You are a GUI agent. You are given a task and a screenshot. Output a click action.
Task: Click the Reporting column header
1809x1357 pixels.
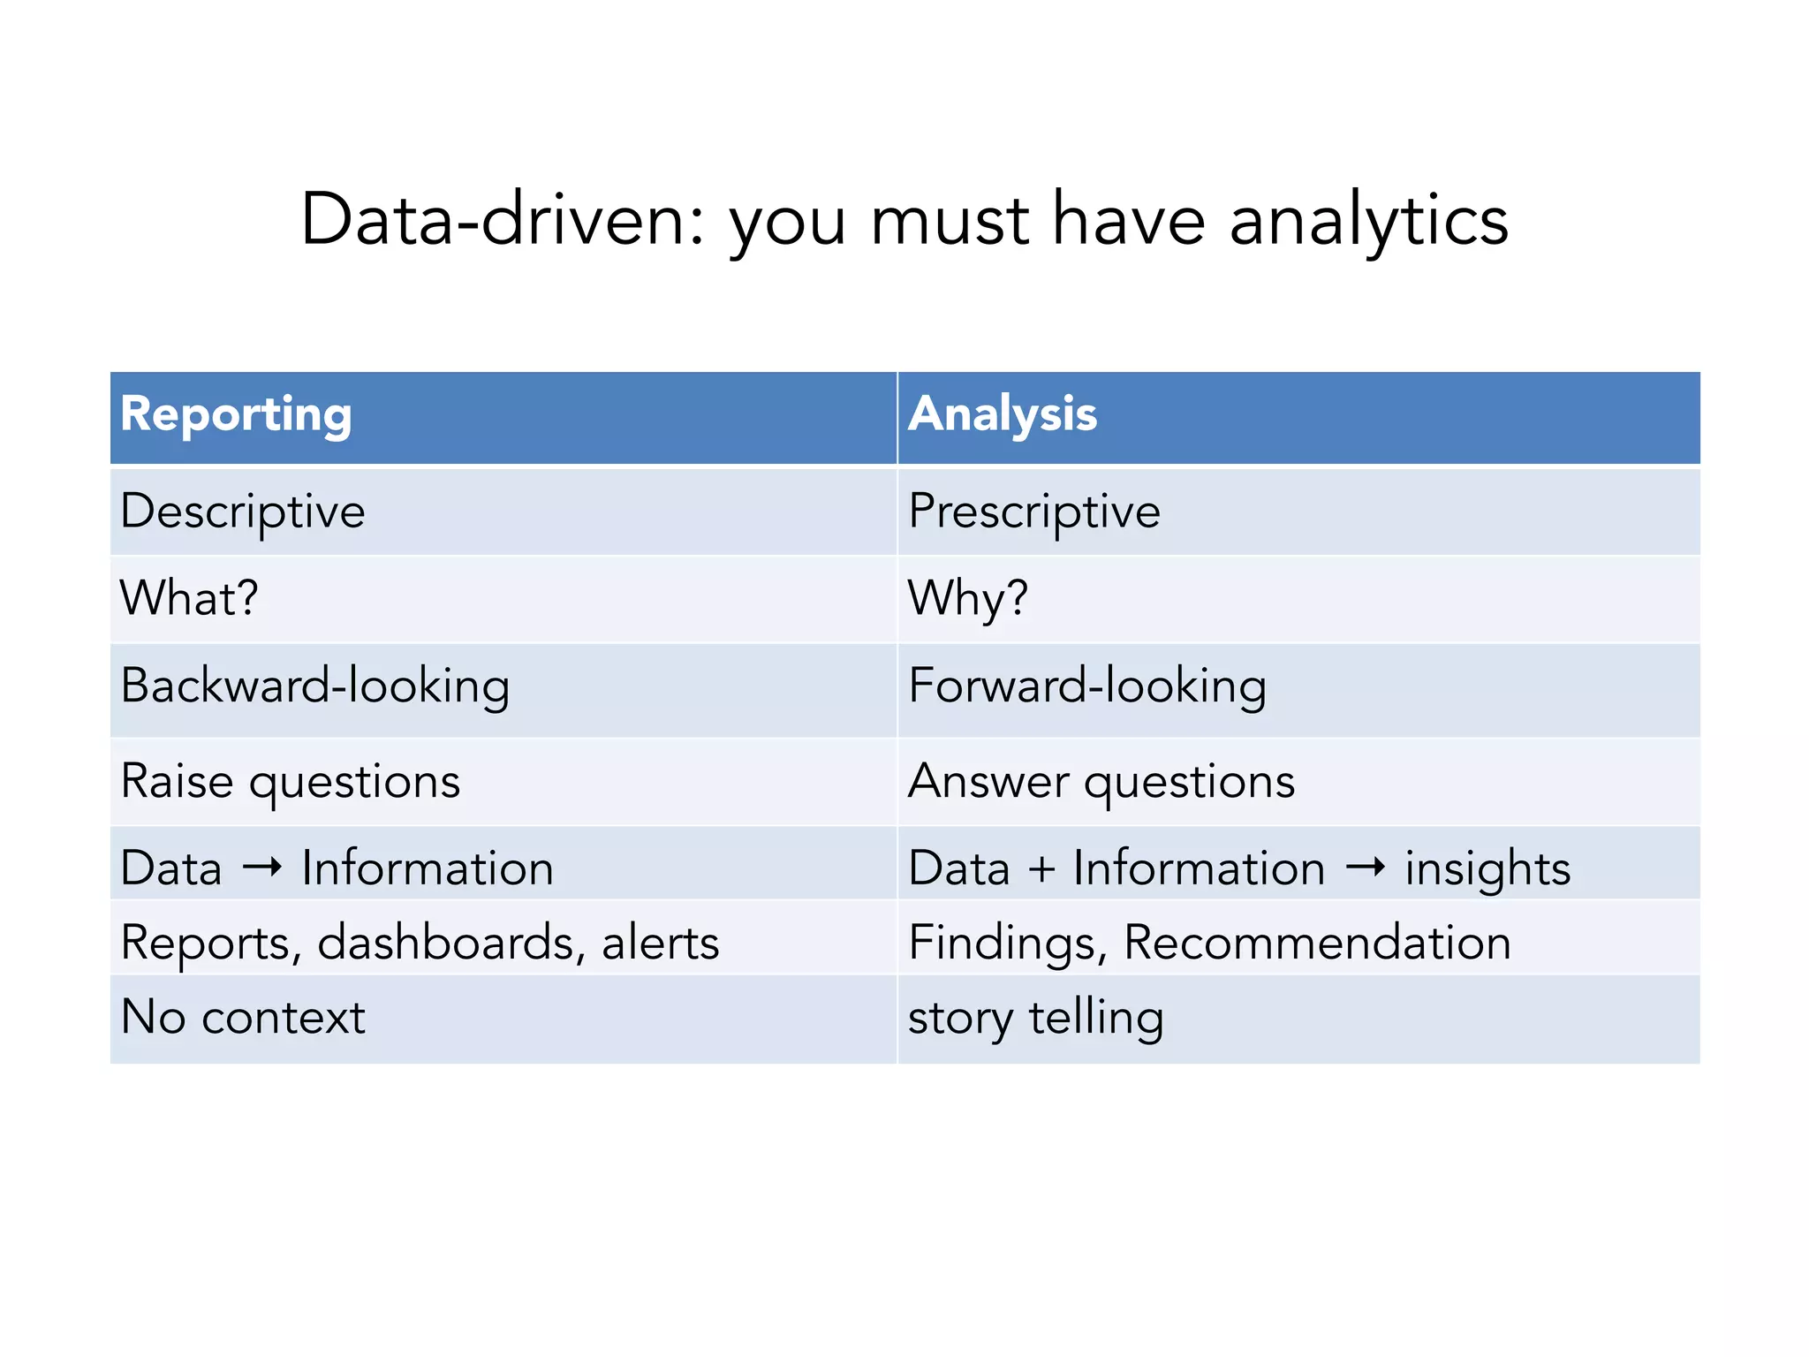coord(236,414)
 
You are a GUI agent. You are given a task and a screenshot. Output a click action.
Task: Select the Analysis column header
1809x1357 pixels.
coord(1003,414)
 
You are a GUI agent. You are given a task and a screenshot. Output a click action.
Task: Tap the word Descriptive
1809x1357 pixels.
coord(243,512)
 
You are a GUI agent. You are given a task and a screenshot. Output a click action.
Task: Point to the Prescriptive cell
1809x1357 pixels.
coord(1034,512)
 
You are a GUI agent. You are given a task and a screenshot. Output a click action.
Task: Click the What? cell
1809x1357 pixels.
coord(189,598)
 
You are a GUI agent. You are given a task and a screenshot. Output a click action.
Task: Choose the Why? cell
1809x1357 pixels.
coord(968,598)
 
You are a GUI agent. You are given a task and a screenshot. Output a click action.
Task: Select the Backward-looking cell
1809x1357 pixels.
coord(315,686)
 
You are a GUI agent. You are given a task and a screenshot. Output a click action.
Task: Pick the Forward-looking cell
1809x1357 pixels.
coord(1087,686)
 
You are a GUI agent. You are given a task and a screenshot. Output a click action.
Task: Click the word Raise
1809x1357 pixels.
coord(177,782)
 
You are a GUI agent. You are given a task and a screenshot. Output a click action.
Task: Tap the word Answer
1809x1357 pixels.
coord(988,782)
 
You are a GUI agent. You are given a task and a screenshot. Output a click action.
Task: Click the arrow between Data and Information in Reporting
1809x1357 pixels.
coord(262,868)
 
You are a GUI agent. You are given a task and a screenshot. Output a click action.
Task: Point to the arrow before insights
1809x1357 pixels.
coord(1366,868)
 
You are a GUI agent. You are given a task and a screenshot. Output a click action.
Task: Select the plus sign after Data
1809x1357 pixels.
coord(1042,868)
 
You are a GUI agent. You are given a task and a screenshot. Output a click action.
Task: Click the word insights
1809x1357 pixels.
coord(1487,868)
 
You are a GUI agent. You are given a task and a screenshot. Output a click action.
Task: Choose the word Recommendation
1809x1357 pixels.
coord(1317,943)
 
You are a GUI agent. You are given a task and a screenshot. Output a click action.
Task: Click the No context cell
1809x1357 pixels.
coord(243,1017)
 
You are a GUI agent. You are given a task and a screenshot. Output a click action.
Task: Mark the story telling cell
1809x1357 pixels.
coord(1035,1018)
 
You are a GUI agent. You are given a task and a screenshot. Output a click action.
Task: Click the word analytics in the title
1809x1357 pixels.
coord(1368,221)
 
